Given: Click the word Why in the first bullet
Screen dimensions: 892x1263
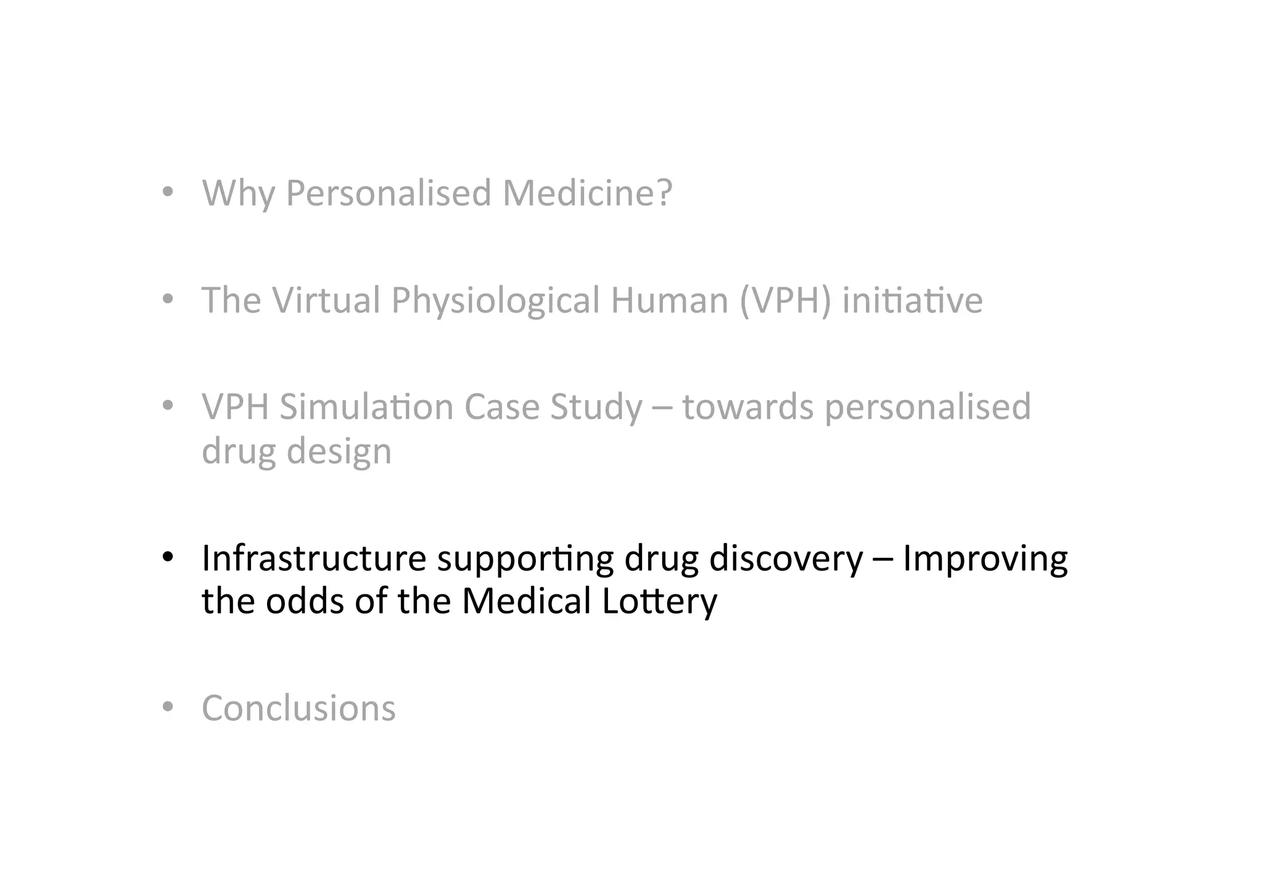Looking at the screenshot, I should coord(238,194).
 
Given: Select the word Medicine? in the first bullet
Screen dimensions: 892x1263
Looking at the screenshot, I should coord(586,194).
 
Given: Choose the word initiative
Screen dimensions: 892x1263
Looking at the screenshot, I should coord(912,301).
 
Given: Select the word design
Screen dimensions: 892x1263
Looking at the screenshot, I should coord(339,452).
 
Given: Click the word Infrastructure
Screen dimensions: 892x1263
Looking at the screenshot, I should coord(314,559).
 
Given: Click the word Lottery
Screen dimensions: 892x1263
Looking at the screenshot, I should coord(659,602).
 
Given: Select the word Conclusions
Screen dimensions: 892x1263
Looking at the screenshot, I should coord(298,708).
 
